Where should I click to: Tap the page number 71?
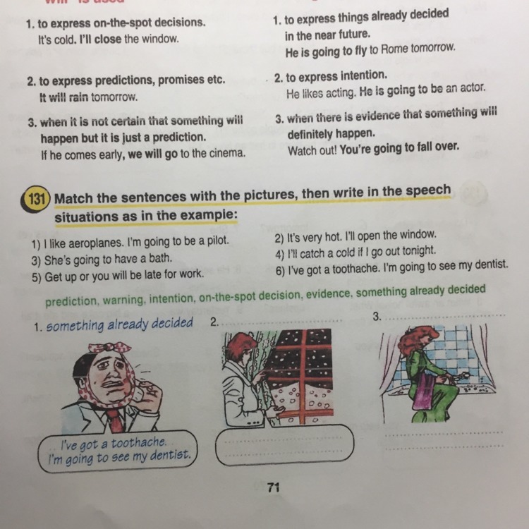pyautogui.click(x=273, y=487)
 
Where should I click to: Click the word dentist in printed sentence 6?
pyautogui.click(x=491, y=264)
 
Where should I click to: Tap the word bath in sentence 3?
pyautogui.click(x=161, y=258)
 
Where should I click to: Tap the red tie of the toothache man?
pyautogui.click(x=116, y=420)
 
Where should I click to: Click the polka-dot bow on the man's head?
pyautogui.click(x=109, y=348)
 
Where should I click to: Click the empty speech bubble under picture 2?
pyautogui.click(x=284, y=445)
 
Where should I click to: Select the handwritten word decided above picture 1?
pyautogui.click(x=172, y=323)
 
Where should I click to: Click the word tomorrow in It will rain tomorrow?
pyautogui.click(x=114, y=97)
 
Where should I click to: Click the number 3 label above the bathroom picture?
pyautogui.click(x=377, y=317)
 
